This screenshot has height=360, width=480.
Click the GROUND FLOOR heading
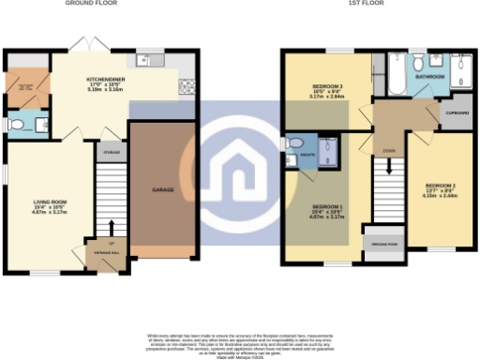pos(90,4)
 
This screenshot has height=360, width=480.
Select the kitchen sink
pos(147,62)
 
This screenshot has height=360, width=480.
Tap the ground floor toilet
pos(14,124)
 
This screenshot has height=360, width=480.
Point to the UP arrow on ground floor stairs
pos(112,225)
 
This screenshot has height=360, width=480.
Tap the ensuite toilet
pos(292,159)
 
